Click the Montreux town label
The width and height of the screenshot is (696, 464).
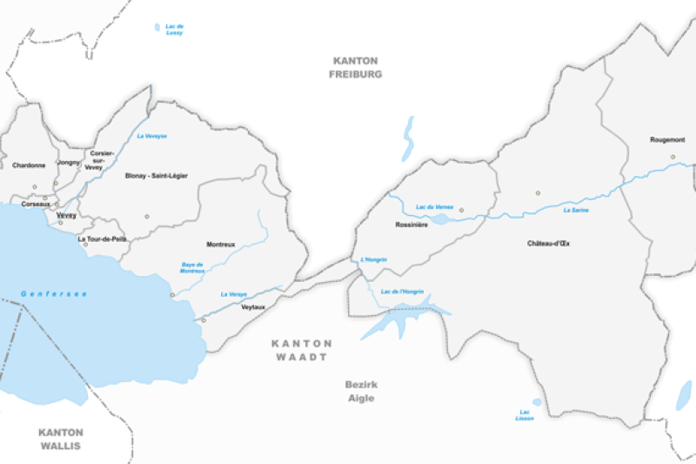click(x=220, y=245)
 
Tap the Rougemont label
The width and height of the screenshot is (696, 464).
click(x=667, y=139)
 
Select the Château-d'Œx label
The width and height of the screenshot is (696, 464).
click(x=548, y=243)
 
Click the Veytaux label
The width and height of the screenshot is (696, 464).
click(x=253, y=307)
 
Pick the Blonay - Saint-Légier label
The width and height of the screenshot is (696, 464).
click(x=156, y=175)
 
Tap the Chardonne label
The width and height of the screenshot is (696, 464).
click(x=28, y=165)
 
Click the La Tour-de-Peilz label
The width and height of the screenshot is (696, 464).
click(x=102, y=239)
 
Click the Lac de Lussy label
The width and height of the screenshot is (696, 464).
click(x=175, y=30)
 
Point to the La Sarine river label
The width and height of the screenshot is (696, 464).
click(x=578, y=210)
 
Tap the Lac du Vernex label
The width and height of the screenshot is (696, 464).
click(x=435, y=206)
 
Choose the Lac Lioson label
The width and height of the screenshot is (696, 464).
click(x=524, y=415)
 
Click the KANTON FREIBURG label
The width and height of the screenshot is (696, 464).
click(x=355, y=67)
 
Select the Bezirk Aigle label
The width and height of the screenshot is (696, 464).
click(x=359, y=391)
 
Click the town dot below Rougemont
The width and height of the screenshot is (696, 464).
click(x=673, y=157)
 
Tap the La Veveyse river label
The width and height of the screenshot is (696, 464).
click(x=151, y=136)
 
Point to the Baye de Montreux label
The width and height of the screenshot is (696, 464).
click(x=192, y=268)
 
